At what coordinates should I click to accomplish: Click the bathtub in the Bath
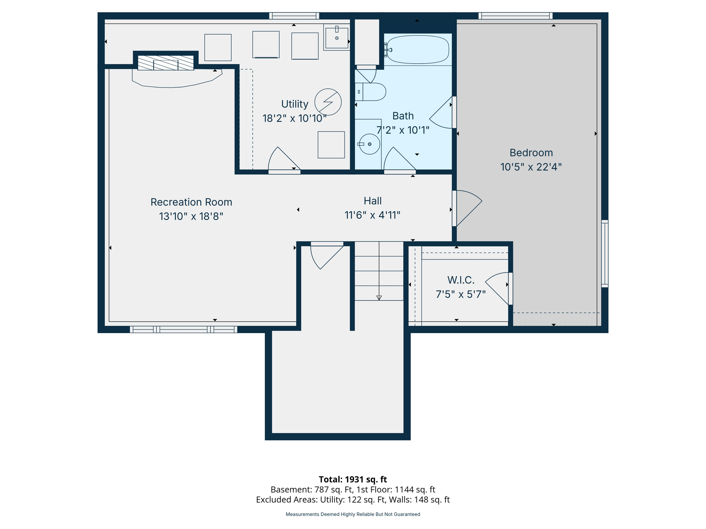(x=417, y=50)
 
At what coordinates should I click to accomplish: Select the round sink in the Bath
(x=370, y=144)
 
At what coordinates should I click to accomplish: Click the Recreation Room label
(x=191, y=202)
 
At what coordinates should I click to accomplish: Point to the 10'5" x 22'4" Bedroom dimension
(x=531, y=167)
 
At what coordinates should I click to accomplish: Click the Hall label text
(x=372, y=201)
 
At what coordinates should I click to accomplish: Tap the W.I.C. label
(x=461, y=280)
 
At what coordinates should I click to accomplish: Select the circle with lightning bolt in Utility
(x=328, y=102)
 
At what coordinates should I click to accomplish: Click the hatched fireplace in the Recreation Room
(x=166, y=63)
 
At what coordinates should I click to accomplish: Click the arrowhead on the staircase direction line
(x=379, y=298)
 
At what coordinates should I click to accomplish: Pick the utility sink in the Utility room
(x=337, y=38)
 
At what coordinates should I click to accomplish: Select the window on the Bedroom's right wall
(x=605, y=253)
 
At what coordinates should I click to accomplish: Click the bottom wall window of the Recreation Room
(x=183, y=330)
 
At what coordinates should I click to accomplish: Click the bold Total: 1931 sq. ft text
(x=353, y=479)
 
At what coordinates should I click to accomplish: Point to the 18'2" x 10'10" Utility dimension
(x=294, y=118)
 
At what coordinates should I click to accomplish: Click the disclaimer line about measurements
(x=353, y=514)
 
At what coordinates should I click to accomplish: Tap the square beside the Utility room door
(x=331, y=145)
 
